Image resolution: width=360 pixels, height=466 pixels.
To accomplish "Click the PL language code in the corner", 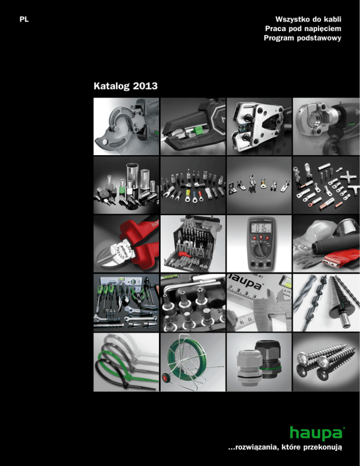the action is [x=24, y=20].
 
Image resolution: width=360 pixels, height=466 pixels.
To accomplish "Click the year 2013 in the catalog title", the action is [x=145, y=86].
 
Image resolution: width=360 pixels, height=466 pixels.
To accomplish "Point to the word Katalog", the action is [x=112, y=86].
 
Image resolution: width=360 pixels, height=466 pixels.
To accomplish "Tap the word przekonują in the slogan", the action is [x=323, y=447].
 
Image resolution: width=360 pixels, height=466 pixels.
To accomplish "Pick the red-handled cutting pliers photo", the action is [x=126, y=244].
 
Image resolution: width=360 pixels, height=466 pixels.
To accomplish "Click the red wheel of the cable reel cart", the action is [x=164, y=379].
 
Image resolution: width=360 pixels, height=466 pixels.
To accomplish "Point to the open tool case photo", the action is [x=193, y=244].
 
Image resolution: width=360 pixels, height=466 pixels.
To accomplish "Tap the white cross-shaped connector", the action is [x=348, y=177].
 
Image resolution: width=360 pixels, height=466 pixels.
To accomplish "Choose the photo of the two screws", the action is [x=326, y=362].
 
